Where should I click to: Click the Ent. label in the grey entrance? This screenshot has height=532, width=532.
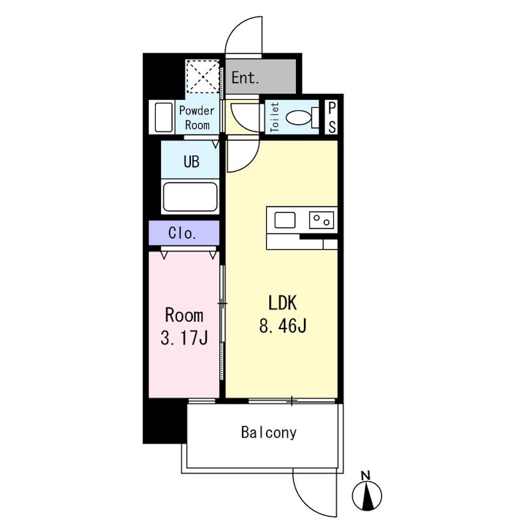pyautogui.click(x=245, y=78)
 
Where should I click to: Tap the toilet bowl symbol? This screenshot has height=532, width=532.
pyautogui.click(x=303, y=118)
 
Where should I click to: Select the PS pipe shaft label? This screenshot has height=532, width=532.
pyautogui.click(x=332, y=118)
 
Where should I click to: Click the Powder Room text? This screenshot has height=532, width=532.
pyautogui.click(x=197, y=118)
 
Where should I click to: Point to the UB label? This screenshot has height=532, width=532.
pyautogui.click(x=192, y=162)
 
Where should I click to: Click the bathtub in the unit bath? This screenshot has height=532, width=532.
pyautogui.click(x=190, y=197)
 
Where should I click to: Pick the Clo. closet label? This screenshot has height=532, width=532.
pyautogui.click(x=182, y=233)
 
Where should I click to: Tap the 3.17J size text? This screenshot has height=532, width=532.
pyautogui.click(x=184, y=338)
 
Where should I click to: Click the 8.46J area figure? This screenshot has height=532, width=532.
pyautogui.click(x=283, y=326)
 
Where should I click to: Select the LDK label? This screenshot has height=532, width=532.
pyautogui.click(x=283, y=303)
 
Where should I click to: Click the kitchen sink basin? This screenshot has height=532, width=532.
pyautogui.click(x=285, y=220)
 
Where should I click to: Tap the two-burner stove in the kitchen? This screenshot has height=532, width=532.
pyautogui.click(x=321, y=220)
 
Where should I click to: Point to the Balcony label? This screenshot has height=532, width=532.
pyautogui.click(x=269, y=433)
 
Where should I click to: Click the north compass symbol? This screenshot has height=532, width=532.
pyautogui.click(x=367, y=496)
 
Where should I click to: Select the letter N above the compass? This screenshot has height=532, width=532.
pyautogui.click(x=365, y=475)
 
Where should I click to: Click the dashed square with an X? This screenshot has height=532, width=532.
pyautogui.click(x=203, y=76)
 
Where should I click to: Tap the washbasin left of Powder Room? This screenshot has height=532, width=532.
pyautogui.click(x=163, y=117)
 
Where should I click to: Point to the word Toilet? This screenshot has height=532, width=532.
pyautogui.click(x=274, y=118)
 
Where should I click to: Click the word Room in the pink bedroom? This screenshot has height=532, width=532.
pyautogui.click(x=184, y=315)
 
